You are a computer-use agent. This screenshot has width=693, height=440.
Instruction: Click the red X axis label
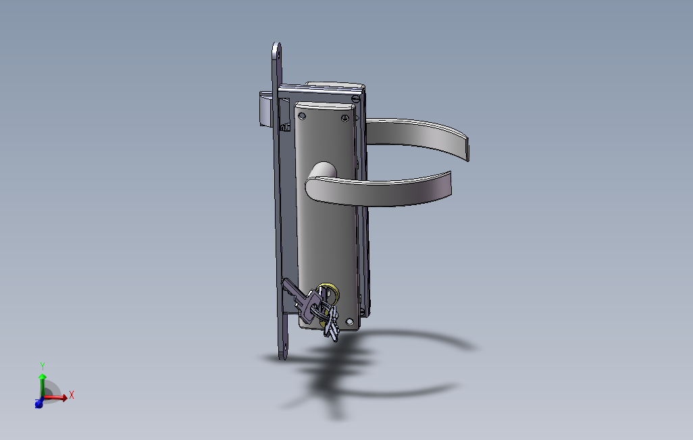click(71, 395)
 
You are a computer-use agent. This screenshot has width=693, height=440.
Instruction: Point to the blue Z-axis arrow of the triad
click(38, 404)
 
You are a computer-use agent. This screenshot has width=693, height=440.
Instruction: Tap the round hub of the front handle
click(324, 171)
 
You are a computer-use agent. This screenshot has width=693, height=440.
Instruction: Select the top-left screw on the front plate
click(302, 117)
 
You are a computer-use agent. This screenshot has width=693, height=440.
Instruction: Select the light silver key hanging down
click(332, 327)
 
